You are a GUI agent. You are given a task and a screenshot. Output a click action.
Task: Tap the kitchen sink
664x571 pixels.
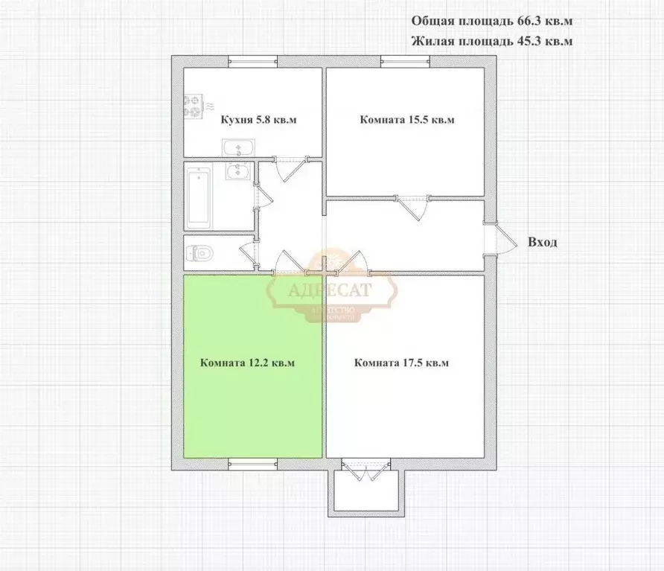click(x=238, y=147)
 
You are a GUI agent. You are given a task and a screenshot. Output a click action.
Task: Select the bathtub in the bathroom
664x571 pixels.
click(x=199, y=197)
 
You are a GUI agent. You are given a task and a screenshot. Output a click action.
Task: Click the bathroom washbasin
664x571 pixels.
click(x=239, y=172)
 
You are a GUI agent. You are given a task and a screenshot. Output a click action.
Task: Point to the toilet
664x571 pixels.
click(x=199, y=252)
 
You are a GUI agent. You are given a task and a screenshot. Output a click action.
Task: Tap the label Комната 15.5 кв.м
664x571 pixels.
click(x=406, y=120)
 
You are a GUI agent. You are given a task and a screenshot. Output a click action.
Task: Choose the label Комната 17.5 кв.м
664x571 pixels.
click(x=402, y=363)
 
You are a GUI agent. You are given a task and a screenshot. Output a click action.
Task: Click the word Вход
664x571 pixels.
click(x=542, y=242)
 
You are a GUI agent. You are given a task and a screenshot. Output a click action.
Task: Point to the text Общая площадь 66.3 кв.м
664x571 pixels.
click(x=492, y=22)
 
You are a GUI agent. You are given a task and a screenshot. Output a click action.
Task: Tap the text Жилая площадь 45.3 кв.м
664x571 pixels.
click(x=492, y=42)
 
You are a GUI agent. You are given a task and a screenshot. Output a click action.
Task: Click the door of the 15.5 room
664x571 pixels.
click(x=414, y=207)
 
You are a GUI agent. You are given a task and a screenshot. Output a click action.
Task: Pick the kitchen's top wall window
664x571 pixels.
click(x=253, y=62)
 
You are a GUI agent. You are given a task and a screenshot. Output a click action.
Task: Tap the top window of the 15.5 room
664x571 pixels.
click(x=406, y=62)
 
